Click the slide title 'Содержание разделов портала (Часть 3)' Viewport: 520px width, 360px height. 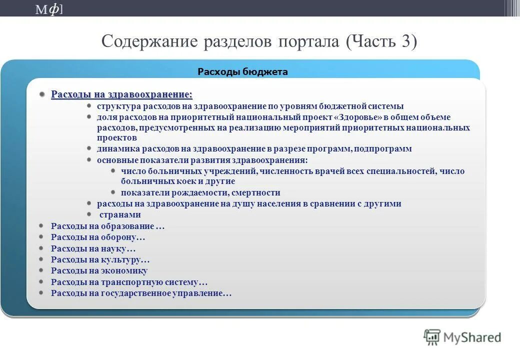pyautogui.click(x=258, y=41)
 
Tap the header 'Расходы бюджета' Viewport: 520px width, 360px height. pyautogui.click(x=242, y=71)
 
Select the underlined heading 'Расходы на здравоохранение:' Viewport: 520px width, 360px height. pyautogui.click(x=121, y=94)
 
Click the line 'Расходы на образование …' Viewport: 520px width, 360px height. pyautogui.click(x=107, y=226)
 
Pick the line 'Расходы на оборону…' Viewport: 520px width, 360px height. pyautogui.click(x=98, y=237)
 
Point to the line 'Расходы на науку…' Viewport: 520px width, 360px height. pyautogui.click(x=93, y=248)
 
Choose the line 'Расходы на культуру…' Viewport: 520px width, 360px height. pyautogui.click(x=100, y=259)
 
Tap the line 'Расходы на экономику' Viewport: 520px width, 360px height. pyautogui.click(x=99, y=270)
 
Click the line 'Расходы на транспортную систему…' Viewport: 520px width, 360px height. pyautogui.click(x=129, y=282)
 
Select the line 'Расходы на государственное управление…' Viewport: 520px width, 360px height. pyautogui.click(x=141, y=293)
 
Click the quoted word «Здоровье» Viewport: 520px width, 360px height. pyautogui.click(x=360, y=117)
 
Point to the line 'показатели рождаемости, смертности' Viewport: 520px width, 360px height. pyautogui.click(x=200, y=192)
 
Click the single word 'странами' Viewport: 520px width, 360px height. pyautogui.click(x=120, y=214)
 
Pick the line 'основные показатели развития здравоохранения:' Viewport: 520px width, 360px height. pyautogui.click(x=202, y=160)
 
